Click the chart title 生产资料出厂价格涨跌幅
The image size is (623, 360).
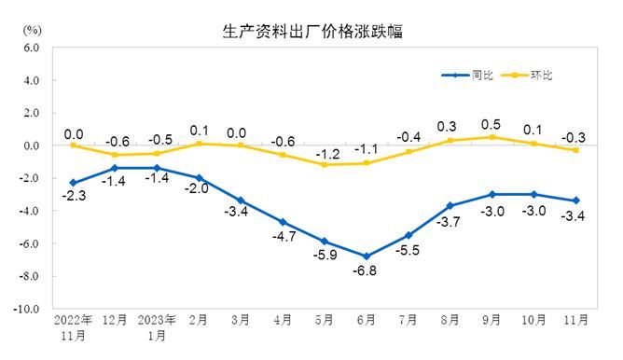pos(312,32)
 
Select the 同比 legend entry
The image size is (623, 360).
pos(467,76)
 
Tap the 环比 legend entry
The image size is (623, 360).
pos(527,76)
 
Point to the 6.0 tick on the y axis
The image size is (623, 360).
pos(32,48)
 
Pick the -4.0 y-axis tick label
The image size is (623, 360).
pos(29,211)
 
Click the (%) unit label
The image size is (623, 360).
pos(32,30)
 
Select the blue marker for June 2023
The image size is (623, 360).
pos(367,256)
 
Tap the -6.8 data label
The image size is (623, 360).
pos(365,270)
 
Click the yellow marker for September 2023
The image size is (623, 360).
pos(492,137)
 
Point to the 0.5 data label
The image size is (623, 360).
pos(491,125)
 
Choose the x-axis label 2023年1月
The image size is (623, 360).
pos(157,327)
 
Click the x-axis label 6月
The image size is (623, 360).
pos(367,320)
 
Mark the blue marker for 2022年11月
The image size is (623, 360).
pos(74,183)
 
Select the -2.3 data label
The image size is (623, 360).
pos(74,196)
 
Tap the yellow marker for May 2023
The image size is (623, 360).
pos(325,165)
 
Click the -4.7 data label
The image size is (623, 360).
pos(284,236)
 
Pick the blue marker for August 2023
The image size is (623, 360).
pos(450,206)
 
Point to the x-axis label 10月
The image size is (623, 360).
pos(533,320)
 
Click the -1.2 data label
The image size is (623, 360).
pos(327,154)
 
